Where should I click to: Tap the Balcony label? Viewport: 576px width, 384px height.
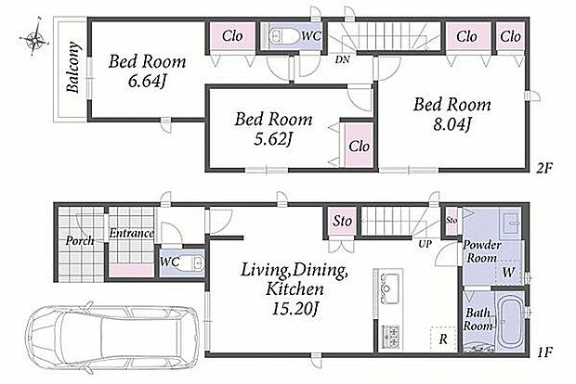tap(73, 67)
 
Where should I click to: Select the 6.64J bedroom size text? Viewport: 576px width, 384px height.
tap(147, 81)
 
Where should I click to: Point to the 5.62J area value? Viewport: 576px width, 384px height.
tap(273, 139)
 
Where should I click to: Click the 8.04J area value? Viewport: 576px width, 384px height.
tap(452, 124)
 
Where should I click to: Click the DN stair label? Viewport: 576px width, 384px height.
tap(342, 59)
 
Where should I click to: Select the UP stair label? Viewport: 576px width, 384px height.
tap(425, 244)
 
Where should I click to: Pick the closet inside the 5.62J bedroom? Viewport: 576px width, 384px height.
tap(359, 146)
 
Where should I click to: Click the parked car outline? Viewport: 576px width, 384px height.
tap(112, 335)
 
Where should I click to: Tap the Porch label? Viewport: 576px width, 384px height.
tap(80, 241)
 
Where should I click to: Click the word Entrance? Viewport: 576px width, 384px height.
tap(131, 233)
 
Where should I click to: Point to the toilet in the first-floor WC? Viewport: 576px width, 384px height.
tap(190, 263)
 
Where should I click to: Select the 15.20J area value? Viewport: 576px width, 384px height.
tap(295, 309)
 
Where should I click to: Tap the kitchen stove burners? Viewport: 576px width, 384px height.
tap(390, 336)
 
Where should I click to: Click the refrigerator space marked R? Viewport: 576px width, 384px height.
tap(443, 339)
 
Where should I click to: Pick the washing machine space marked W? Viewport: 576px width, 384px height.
tap(508, 272)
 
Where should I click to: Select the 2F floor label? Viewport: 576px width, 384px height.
tap(543, 168)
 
